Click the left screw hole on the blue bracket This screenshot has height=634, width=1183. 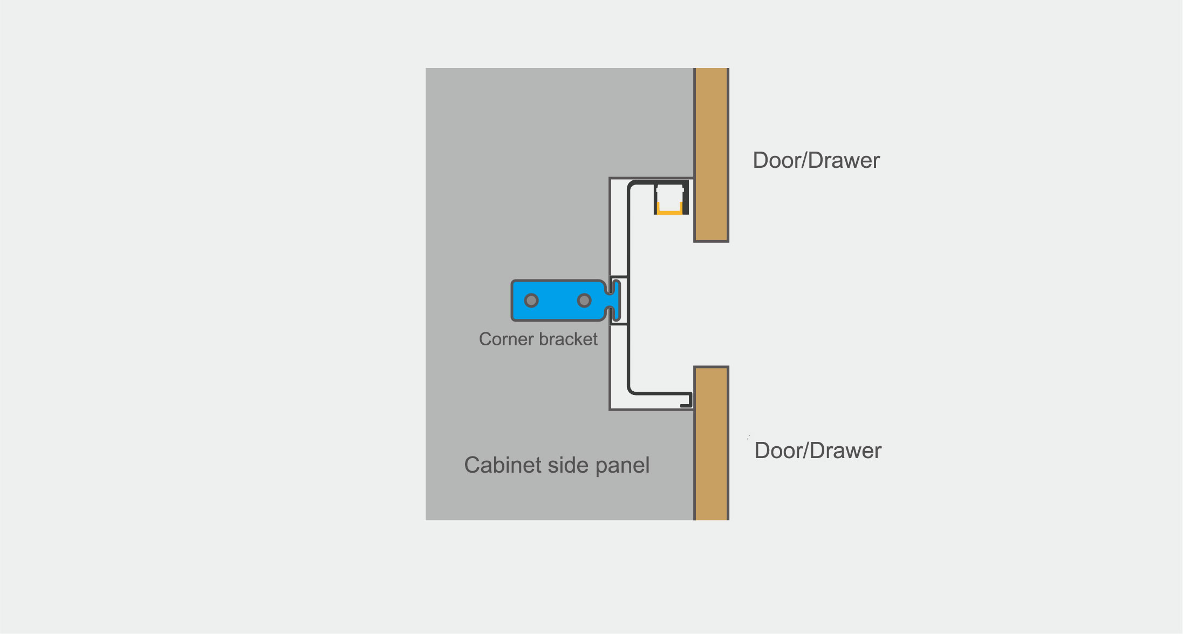pyautogui.click(x=531, y=300)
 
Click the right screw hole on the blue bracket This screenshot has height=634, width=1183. pyautogui.click(x=584, y=300)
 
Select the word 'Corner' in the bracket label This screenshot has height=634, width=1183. pyautogui.click(x=507, y=339)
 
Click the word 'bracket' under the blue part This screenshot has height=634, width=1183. pyautogui.click(x=568, y=339)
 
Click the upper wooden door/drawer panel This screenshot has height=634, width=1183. pyautogui.click(x=711, y=155)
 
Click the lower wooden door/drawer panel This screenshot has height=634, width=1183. pyautogui.click(x=711, y=443)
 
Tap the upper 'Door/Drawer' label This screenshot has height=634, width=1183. pyautogui.click(x=816, y=160)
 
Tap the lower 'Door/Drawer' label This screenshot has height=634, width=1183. pyautogui.click(x=818, y=451)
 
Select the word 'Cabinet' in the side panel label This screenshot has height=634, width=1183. pyautogui.click(x=502, y=465)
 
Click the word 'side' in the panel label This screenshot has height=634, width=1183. pyautogui.click(x=567, y=465)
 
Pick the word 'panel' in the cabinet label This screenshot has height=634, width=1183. pyautogui.click(x=623, y=466)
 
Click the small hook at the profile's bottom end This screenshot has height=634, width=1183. pyautogui.click(x=688, y=400)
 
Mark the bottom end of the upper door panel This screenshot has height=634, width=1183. pyautogui.click(x=711, y=241)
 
